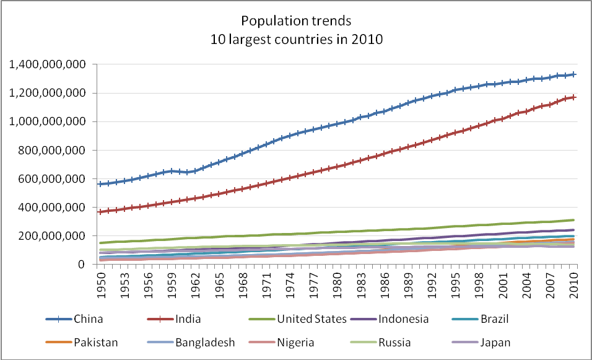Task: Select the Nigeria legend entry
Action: coord(296,342)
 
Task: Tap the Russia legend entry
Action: coord(394,342)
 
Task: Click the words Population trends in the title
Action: coord(296,21)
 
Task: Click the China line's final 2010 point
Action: coord(575,74)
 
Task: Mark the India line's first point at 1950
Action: coord(100,212)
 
